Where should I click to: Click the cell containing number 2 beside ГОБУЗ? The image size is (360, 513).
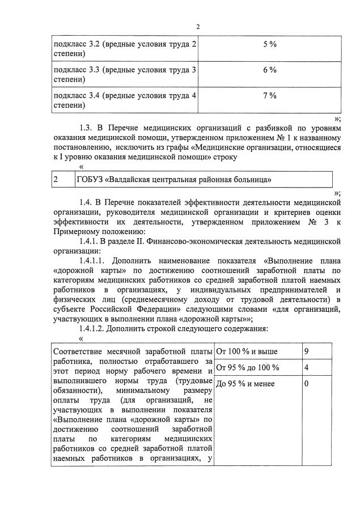(56, 180)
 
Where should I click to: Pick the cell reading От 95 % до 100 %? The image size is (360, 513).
(248, 367)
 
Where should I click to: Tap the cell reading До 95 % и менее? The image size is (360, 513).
(245, 384)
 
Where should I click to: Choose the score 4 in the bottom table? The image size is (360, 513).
(306, 367)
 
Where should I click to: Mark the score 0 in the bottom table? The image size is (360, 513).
(306, 384)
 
